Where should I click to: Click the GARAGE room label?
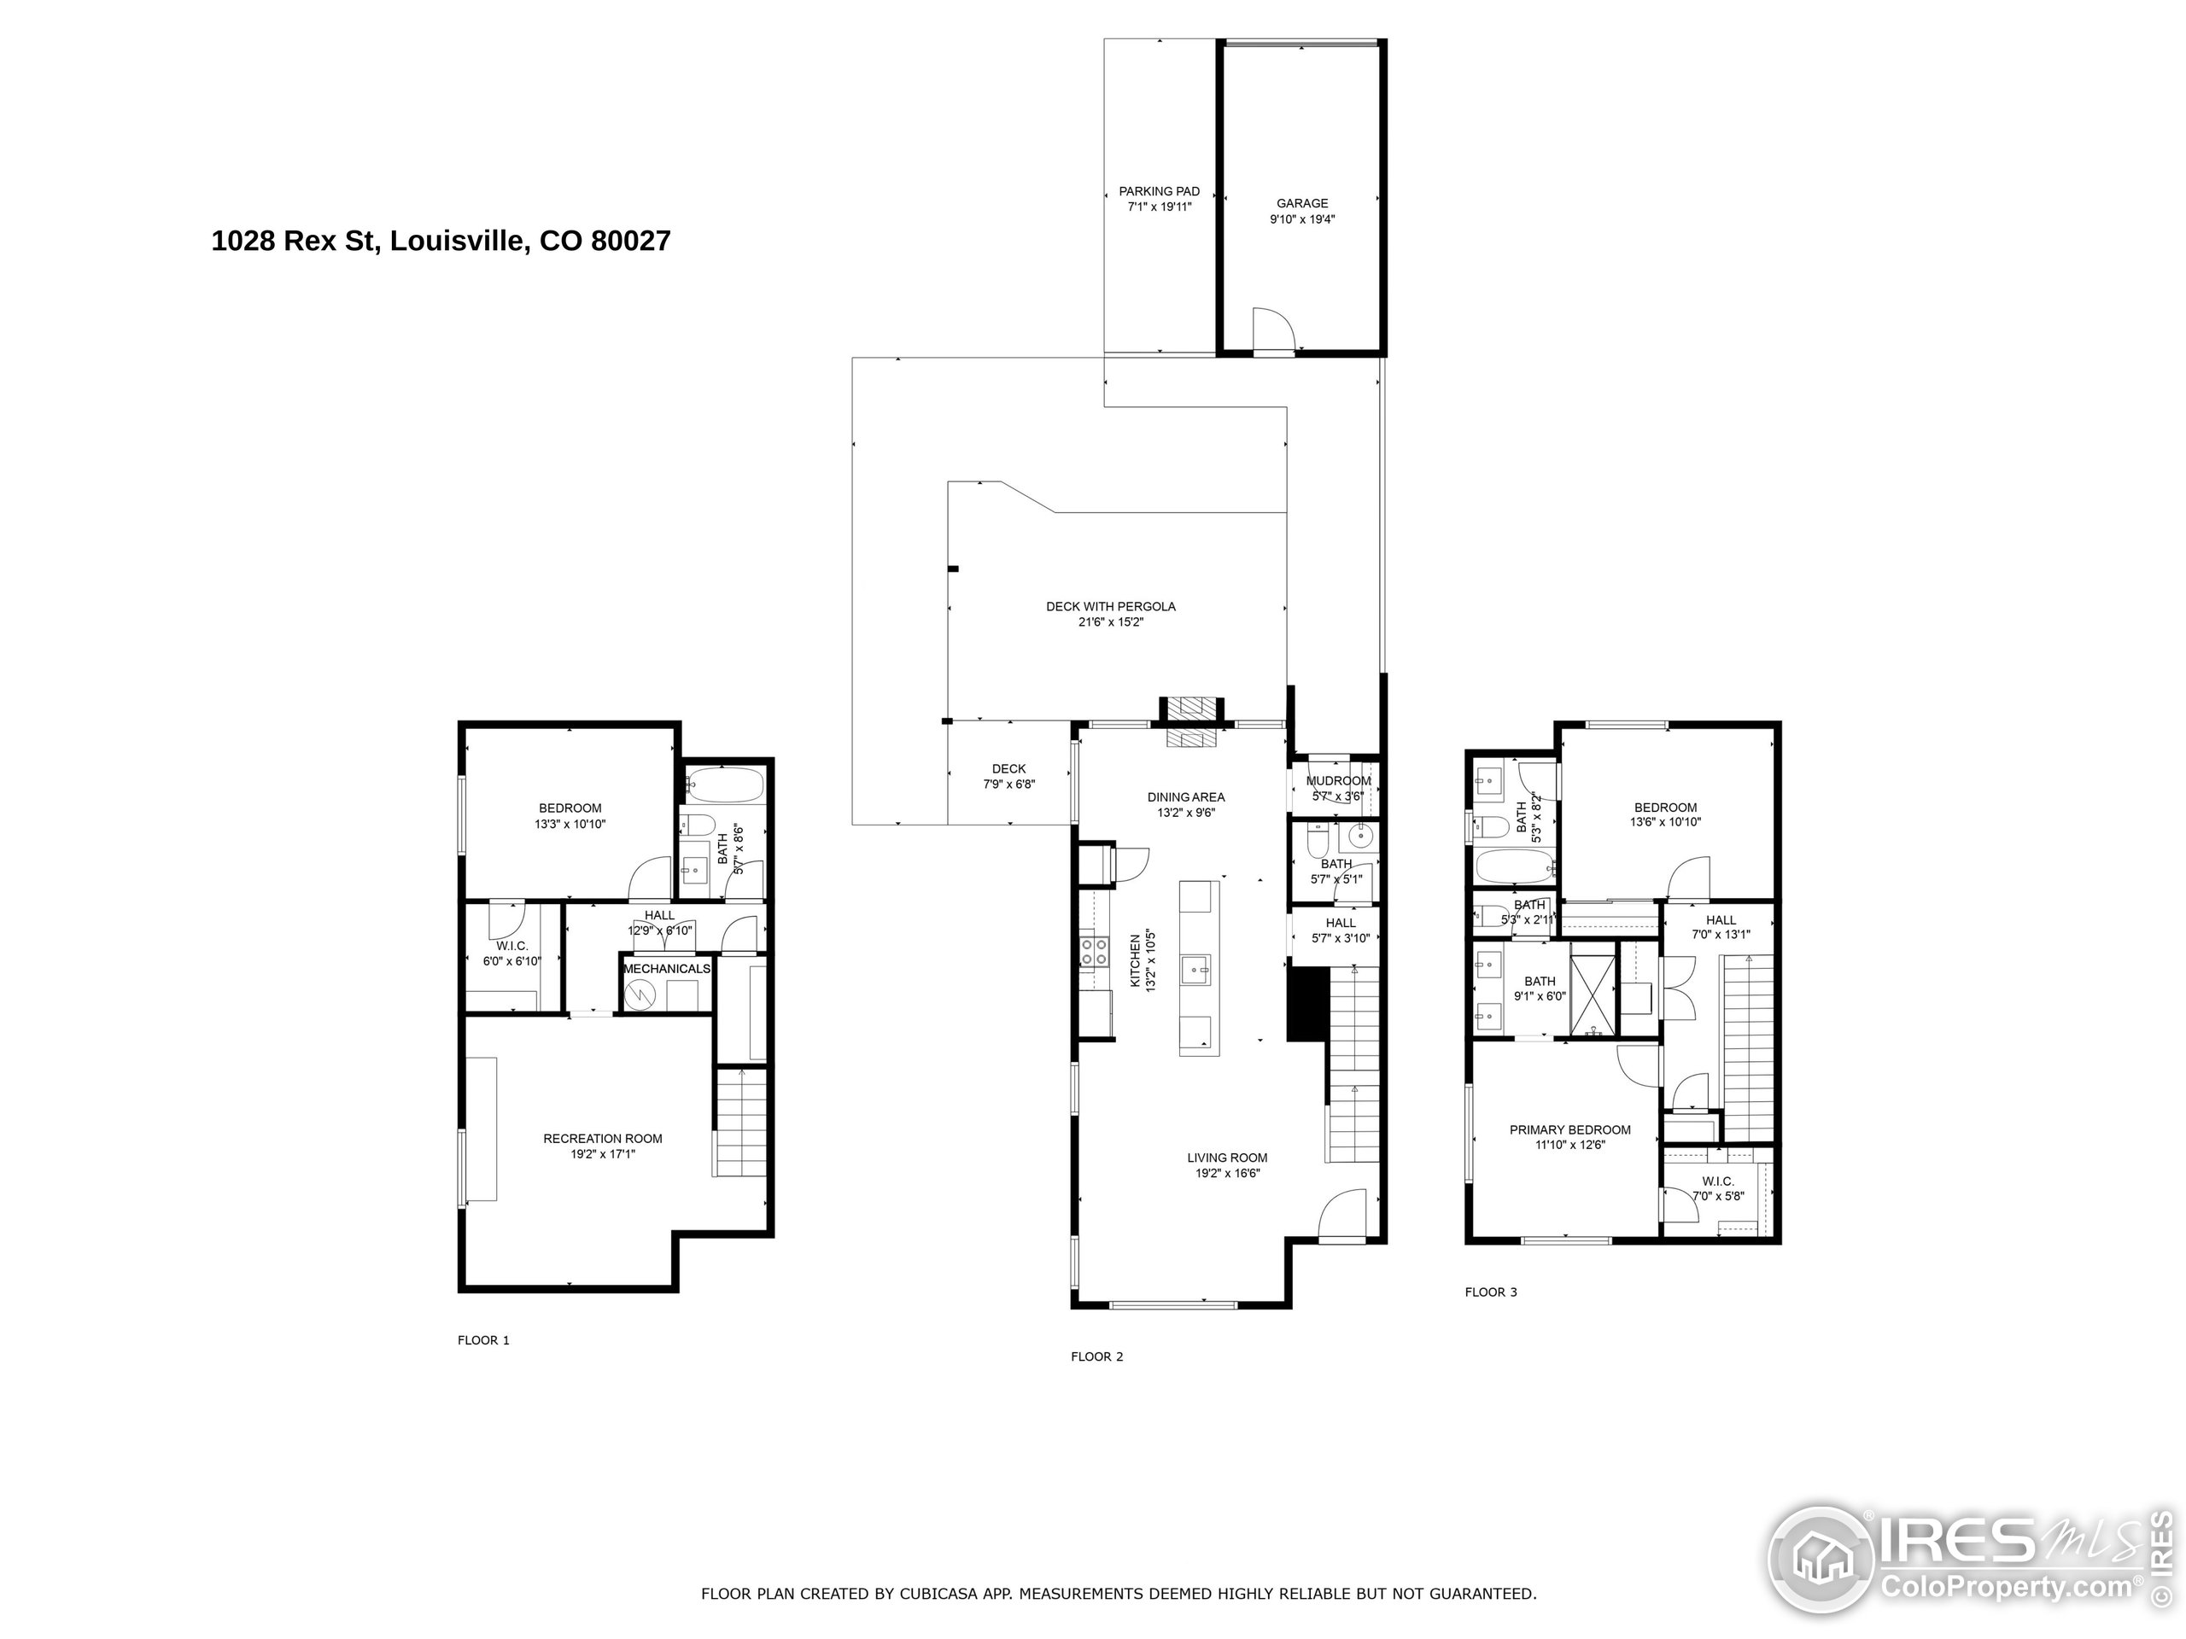click(x=1301, y=203)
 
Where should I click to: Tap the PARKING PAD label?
click(x=1160, y=192)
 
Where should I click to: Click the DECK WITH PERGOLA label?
click(x=1111, y=607)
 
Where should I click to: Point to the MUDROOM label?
click(x=1338, y=780)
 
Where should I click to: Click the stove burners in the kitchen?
click(x=1093, y=952)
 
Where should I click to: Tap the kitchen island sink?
click(x=1199, y=970)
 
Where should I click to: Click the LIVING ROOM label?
click(x=1227, y=1158)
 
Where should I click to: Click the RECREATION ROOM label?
click(x=603, y=1138)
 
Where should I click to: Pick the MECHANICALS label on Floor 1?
click(x=666, y=969)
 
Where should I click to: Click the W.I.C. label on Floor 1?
click(x=511, y=946)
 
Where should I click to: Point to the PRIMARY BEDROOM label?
click(x=1569, y=1130)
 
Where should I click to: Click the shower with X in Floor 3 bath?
click(x=1591, y=988)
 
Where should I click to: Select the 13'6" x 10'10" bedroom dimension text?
click(x=1665, y=822)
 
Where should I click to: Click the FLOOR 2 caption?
click(x=1097, y=1356)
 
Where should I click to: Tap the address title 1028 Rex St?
click(x=441, y=241)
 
